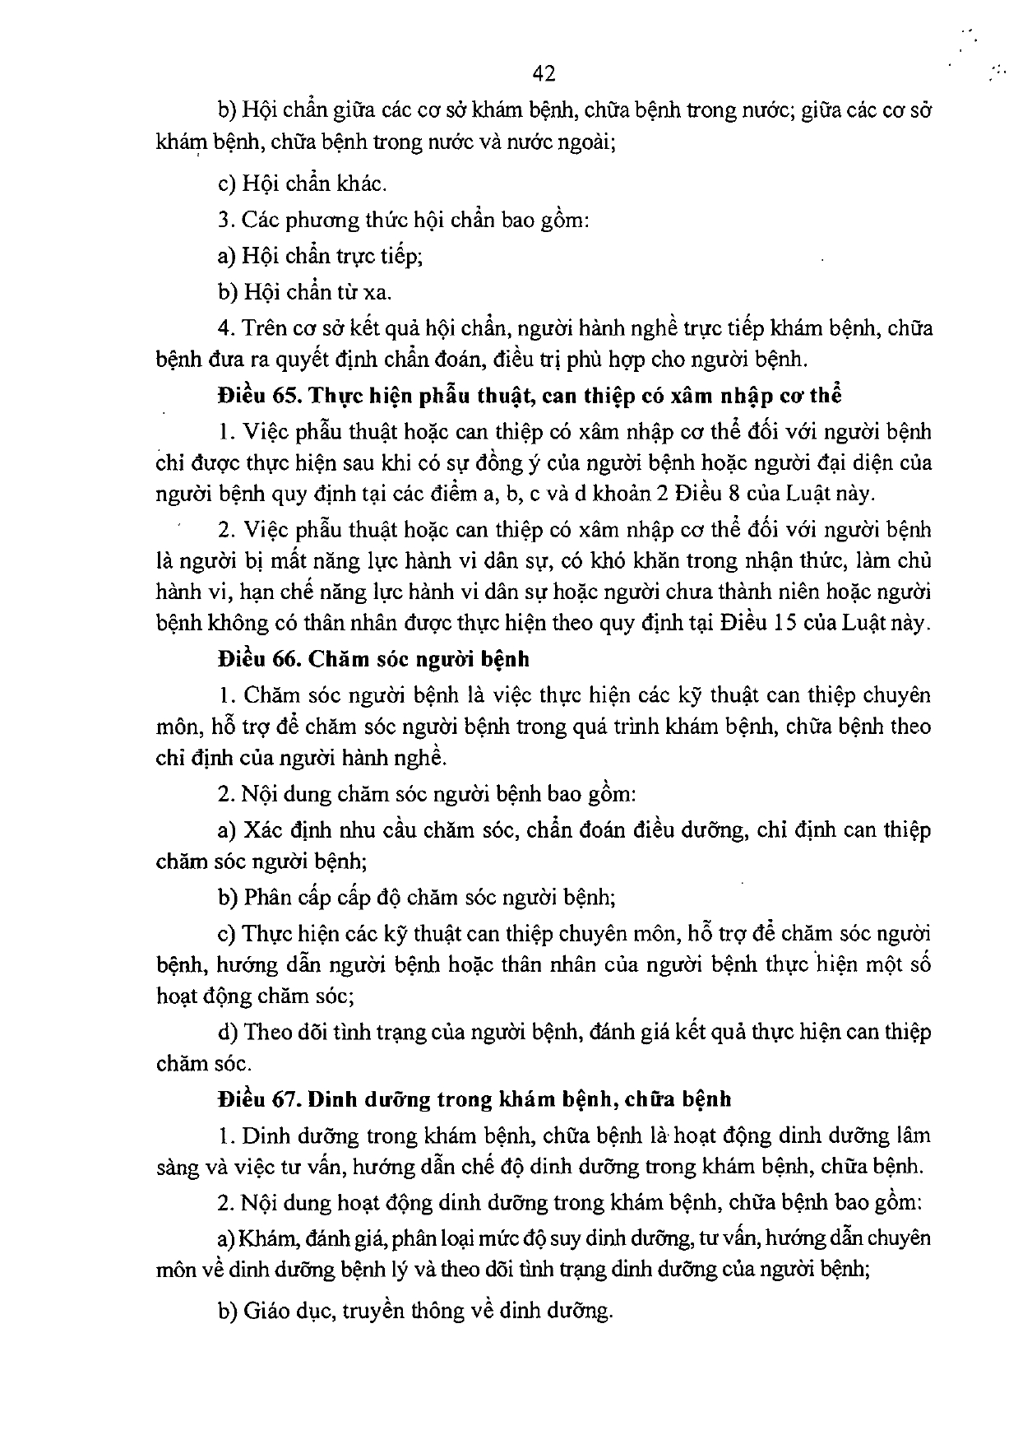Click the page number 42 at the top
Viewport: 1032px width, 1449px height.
coord(544,74)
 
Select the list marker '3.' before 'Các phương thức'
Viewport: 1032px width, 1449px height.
coord(225,221)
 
